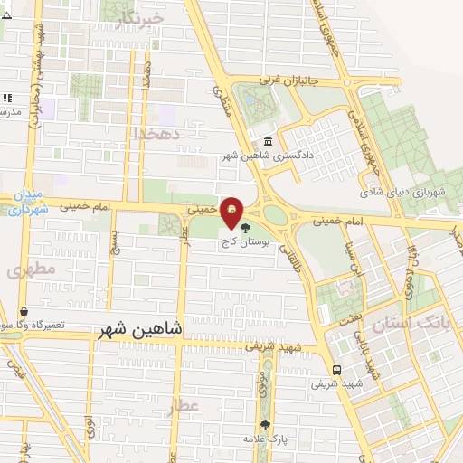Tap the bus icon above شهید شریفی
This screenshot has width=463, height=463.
coord(336,369)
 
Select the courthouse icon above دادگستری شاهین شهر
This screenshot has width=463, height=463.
coord(269,142)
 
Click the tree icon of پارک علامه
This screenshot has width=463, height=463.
coord(264,425)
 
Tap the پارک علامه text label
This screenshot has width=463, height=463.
coord(264,439)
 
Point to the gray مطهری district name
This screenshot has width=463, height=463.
coord(31,269)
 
